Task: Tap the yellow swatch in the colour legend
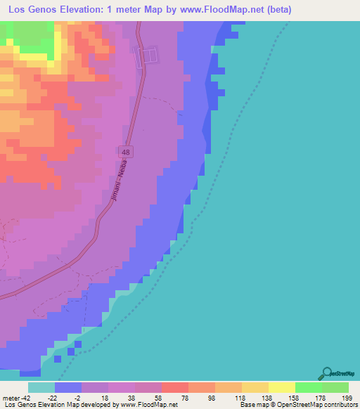point(281,387)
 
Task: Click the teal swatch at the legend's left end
point(41,387)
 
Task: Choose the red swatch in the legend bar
point(174,387)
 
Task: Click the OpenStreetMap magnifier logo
point(326,373)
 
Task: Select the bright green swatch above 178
point(308,387)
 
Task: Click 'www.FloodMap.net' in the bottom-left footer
point(149,405)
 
